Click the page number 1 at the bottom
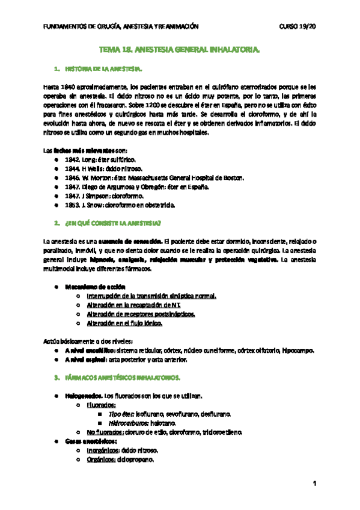(314, 484)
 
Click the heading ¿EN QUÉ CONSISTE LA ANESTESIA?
(113, 224)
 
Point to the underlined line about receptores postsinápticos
(142, 314)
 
